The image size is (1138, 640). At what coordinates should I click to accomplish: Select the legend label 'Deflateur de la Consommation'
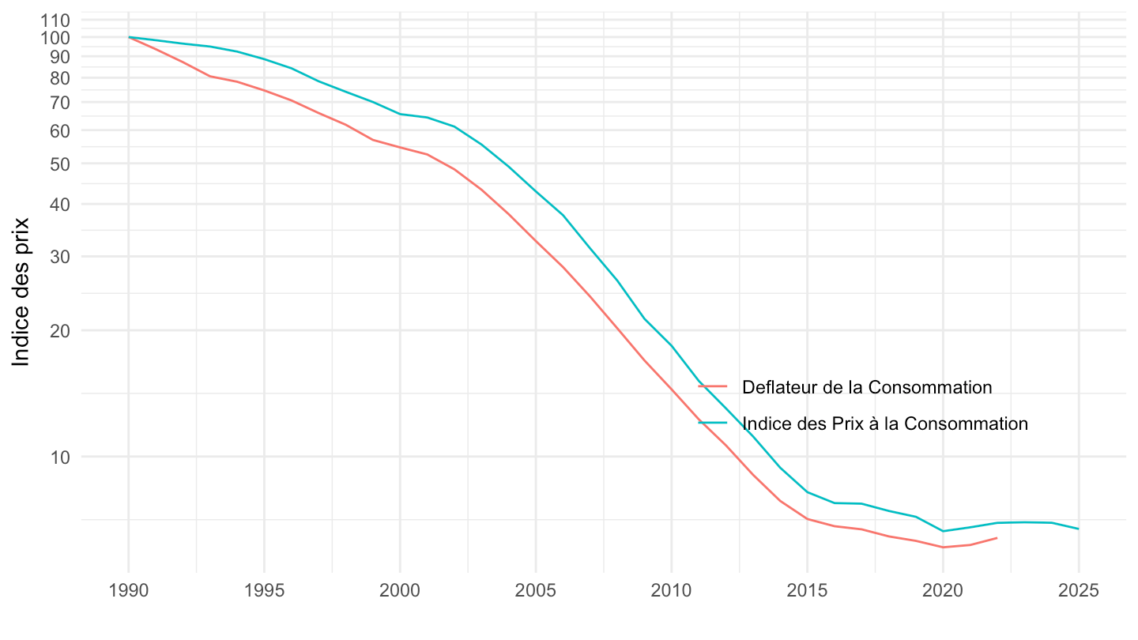coord(867,387)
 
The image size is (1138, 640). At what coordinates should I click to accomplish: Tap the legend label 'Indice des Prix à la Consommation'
coord(885,424)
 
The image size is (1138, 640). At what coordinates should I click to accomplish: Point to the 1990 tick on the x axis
coord(128,592)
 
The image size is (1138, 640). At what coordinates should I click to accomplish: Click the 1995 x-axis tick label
coord(264,592)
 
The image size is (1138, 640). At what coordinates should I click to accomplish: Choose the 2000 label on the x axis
coord(400,592)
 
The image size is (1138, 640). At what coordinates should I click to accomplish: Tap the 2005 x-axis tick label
coord(536,592)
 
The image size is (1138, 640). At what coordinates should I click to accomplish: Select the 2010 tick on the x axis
coord(671,592)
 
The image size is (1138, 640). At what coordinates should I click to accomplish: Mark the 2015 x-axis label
coord(807,592)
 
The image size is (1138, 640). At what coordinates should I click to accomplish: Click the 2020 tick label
coord(943,592)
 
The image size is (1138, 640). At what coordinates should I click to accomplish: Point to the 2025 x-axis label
coord(1079,592)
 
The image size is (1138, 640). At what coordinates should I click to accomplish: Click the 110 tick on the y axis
coord(53,20)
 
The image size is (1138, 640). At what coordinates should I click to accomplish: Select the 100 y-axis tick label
coord(53,37)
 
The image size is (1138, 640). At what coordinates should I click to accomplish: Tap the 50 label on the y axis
coord(58,164)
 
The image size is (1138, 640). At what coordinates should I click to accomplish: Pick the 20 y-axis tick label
coord(58,330)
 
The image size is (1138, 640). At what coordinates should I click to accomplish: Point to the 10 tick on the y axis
coord(58,457)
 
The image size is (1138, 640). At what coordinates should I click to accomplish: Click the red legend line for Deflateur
coord(713,387)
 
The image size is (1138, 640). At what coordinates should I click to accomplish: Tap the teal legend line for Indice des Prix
coord(713,424)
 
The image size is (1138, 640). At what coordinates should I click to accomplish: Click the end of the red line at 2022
coord(997,538)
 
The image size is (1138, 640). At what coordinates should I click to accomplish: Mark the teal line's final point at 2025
coord(1079,529)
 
